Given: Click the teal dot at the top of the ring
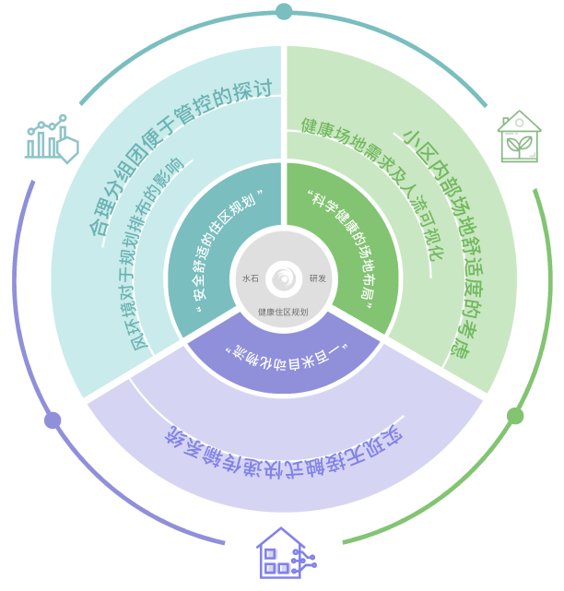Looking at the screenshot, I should (x=284, y=12).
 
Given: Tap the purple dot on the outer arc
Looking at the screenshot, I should (x=53, y=420).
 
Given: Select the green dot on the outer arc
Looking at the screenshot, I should (x=516, y=416).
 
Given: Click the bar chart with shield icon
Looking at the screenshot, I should (x=51, y=139).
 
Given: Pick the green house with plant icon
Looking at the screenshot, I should (x=519, y=136).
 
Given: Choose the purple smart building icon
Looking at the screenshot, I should (x=281, y=554).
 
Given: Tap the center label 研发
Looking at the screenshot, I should (x=318, y=278).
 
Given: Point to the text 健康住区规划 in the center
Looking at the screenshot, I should (x=284, y=313).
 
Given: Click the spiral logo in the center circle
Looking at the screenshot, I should (x=284, y=272).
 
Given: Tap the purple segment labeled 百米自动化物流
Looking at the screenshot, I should (x=284, y=355).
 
